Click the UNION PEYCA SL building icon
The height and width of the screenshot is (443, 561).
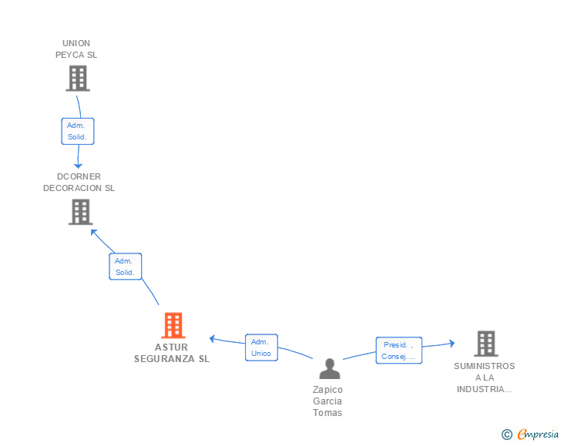click(78, 78)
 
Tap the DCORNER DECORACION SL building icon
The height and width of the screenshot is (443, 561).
click(80, 212)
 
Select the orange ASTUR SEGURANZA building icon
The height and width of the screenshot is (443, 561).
click(173, 326)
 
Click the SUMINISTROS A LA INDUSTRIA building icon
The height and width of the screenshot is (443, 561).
click(485, 344)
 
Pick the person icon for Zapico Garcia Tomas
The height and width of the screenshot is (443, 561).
click(329, 369)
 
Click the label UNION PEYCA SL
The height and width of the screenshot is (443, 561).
click(76, 49)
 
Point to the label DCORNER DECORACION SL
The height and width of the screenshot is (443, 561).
click(79, 183)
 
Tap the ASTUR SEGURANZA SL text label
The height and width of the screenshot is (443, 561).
click(171, 353)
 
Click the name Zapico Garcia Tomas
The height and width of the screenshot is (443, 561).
click(328, 401)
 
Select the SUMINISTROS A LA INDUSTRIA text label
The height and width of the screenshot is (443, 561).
click(484, 378)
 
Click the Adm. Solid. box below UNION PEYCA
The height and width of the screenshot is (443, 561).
click(78, 131)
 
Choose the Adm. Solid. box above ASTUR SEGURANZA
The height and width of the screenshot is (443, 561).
click(125, 267)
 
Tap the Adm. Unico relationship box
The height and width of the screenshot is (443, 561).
click(261, 347)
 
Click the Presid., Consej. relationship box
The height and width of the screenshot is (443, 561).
click(398, 351)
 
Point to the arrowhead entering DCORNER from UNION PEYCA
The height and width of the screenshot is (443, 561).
click(78, 165)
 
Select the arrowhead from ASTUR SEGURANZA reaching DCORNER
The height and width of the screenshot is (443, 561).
click(93, 231)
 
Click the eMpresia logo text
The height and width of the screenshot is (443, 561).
click(537, 435)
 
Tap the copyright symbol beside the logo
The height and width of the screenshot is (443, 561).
click(506, 435)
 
